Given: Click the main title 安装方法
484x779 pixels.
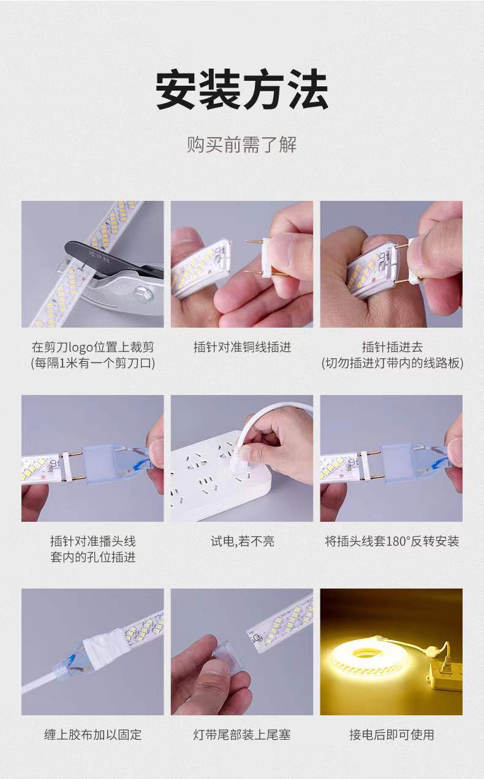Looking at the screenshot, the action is (x=241, y=89).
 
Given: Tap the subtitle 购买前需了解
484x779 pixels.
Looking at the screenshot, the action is (x=242, y=145).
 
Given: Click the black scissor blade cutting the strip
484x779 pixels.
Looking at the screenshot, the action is (x=104, y=259).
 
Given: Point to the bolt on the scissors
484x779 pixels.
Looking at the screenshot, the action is (x=143, y=293).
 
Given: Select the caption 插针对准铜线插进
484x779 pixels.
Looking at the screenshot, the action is (x=242, y=347).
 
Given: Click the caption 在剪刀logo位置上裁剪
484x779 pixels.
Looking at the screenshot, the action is (x=93, y=347).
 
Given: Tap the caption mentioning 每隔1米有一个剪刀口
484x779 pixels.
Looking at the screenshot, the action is (x=93, y=363).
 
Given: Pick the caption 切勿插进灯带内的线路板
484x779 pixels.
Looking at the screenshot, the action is (x=391, y=363).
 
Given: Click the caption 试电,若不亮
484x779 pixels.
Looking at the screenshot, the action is (x=242, y=541).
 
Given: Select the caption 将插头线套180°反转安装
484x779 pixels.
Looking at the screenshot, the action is (x=391, y=541).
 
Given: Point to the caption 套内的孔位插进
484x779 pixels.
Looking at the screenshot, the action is (x=93, y=557).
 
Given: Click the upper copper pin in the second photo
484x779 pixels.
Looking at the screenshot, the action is (x=255, y=241).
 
